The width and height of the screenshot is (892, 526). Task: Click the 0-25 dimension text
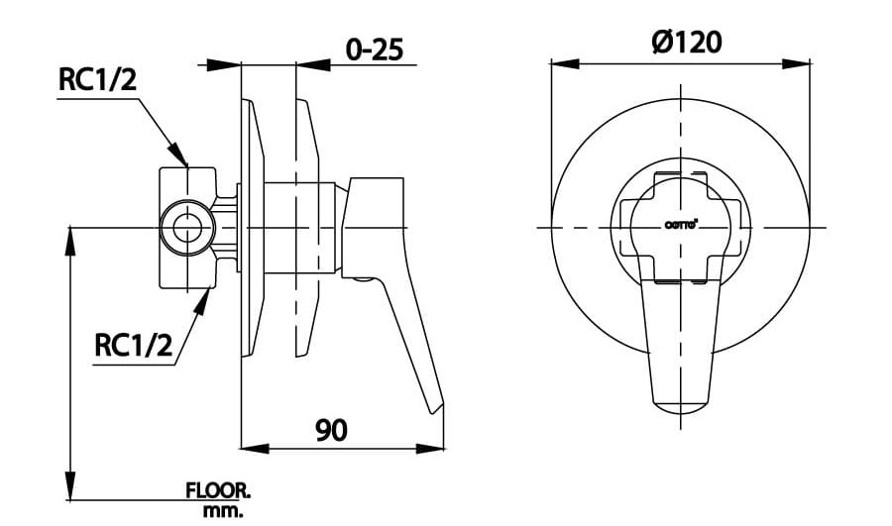click(373, 49)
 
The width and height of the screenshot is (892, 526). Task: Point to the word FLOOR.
click(219, 490)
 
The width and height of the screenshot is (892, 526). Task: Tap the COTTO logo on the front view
click(681, 225)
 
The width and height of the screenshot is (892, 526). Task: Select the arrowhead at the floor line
click(71, 486)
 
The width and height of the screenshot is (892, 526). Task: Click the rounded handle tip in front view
click(681, 405)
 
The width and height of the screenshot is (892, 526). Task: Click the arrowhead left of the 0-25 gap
click(227, 64)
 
